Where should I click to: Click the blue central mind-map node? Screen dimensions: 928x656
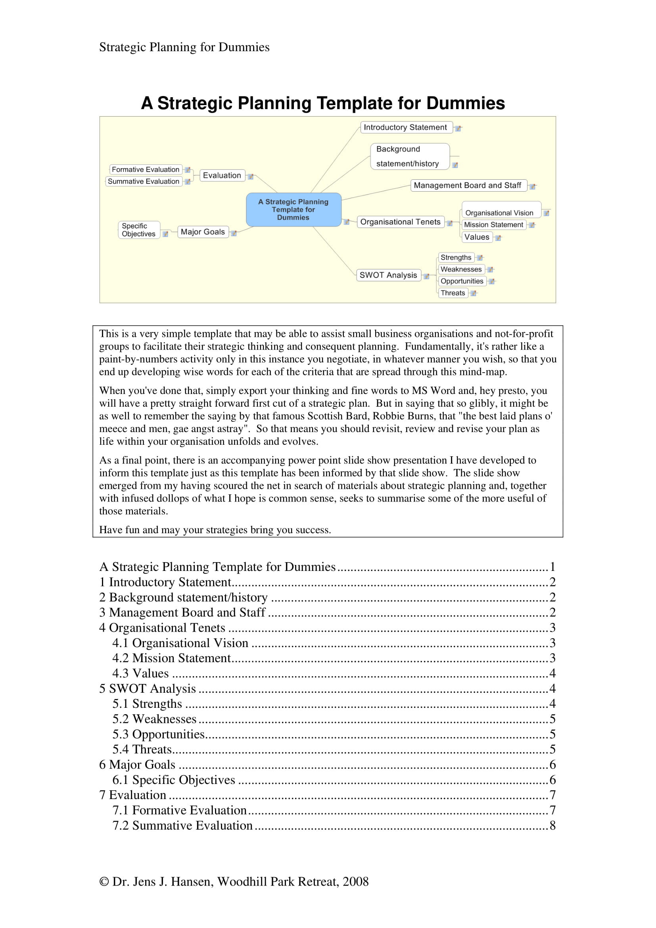[293, 209]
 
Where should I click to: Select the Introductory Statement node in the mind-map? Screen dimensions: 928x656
[405, 127]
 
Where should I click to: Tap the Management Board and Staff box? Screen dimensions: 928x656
[467, 186]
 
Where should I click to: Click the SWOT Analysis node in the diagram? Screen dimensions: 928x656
[388, 275]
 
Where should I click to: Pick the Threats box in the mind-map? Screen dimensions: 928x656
[453, 293]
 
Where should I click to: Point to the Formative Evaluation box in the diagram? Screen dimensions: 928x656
[146, 169]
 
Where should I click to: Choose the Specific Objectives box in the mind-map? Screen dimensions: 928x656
[138, 230]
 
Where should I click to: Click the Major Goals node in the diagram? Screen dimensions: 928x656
[202, 232]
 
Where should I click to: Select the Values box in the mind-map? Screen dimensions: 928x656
[477, 237]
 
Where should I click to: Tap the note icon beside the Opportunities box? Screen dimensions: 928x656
[491, 281]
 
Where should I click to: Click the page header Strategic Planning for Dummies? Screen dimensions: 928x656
[184, 47]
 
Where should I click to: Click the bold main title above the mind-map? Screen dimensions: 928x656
[322, 103]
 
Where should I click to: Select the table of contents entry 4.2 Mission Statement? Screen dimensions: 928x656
[172, 658]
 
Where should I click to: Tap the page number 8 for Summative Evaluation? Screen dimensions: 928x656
[552, 825]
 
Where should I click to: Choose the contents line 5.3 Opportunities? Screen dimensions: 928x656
[159, 734]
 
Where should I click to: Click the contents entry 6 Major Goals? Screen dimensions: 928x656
[137, 765]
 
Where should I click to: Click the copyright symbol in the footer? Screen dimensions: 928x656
[104, 882]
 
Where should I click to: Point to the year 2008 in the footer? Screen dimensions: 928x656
[355, 882]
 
